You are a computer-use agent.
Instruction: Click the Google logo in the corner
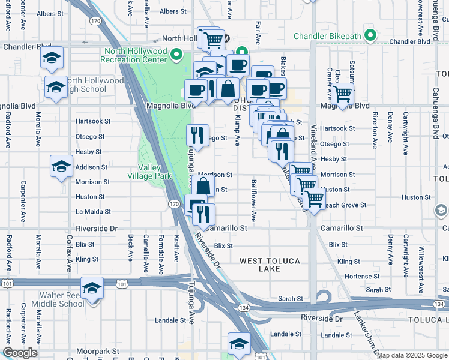20,353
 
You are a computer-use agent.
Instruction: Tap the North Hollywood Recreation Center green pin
176,55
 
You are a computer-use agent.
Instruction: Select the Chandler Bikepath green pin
370,37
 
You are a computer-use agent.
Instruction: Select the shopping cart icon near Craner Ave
342,94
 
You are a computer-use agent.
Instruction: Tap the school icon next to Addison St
61,166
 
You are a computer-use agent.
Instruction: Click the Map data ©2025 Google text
411,355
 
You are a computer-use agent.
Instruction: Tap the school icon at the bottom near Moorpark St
239,344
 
